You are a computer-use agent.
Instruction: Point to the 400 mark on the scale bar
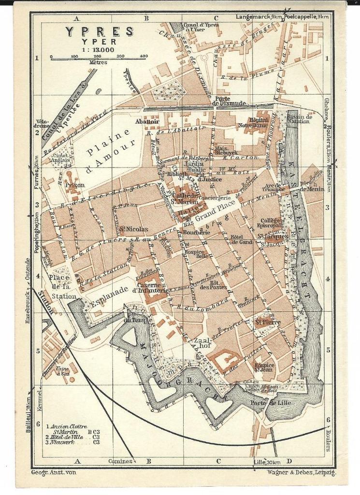144,57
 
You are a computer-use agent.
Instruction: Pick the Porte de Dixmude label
229,100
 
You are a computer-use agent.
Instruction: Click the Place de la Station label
62,287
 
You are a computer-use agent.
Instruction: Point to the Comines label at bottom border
120,461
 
